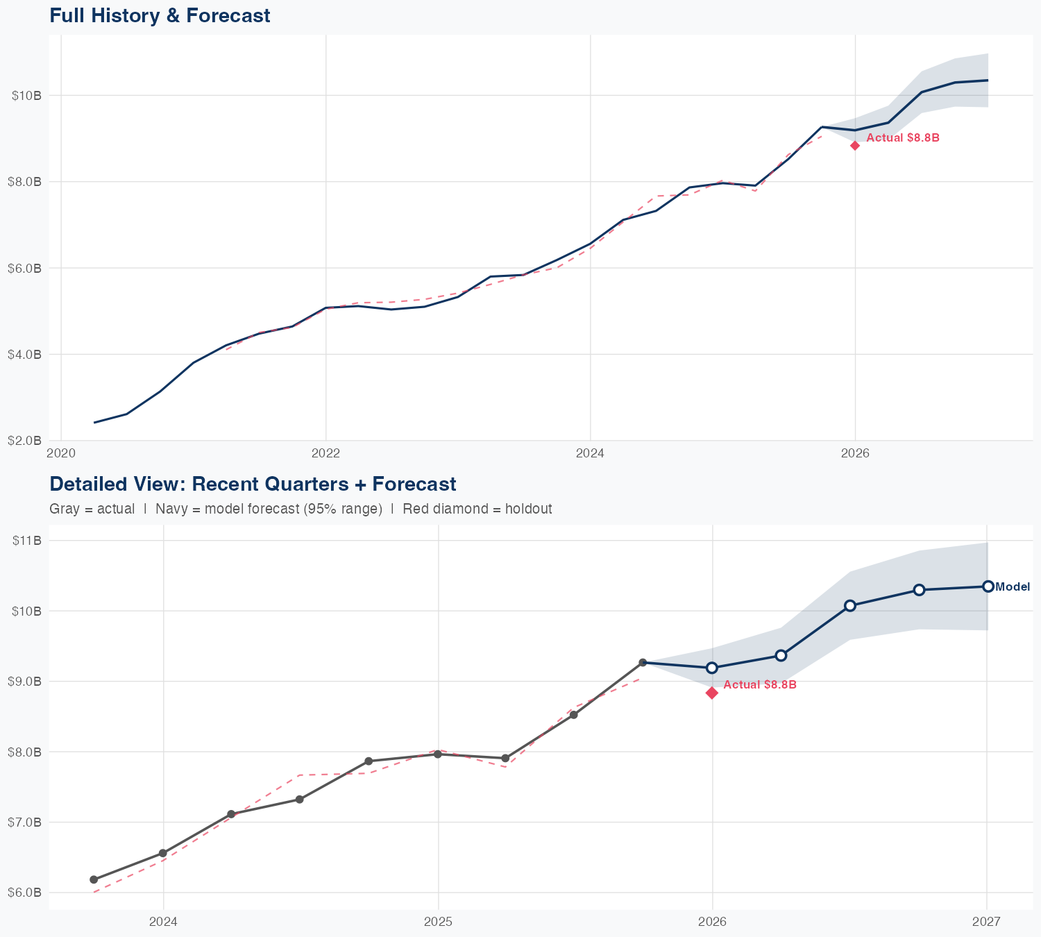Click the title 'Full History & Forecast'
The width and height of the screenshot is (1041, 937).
(x=160, y=15)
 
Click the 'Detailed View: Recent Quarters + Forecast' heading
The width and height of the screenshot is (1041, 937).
(x=253, y=484)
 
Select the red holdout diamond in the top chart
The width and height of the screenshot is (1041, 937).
(x=855, y=145)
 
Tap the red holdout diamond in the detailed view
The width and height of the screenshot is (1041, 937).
(x=712, y=693)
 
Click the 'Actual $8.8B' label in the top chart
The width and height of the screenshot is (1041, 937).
(x=903, y=138)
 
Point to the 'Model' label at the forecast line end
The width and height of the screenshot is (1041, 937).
(x=1013, y=587)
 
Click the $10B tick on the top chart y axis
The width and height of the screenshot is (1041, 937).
(x=27, y=95)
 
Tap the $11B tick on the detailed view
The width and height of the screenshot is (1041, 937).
(x=27, y=541)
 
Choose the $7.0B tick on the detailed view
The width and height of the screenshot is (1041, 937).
(x=27, y=822)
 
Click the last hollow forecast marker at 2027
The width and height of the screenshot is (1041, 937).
(x=988, y=586)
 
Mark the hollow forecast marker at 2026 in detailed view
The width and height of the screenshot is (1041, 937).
(x=712, y=668)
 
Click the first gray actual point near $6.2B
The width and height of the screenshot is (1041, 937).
(x=94, y=879)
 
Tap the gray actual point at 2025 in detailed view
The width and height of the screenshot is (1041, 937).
(x=438, y=754)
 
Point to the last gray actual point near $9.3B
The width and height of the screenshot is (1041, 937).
(x=643, y=663)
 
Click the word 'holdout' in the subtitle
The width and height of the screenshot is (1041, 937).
(x=528, y=509)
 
